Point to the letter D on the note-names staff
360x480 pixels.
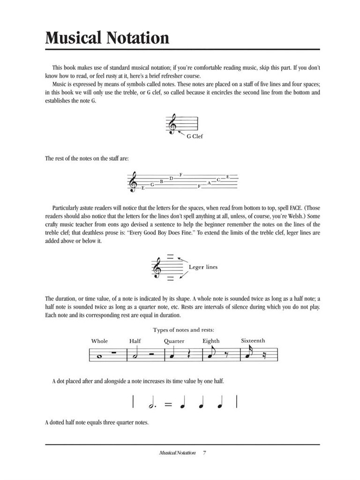tap(172, 179)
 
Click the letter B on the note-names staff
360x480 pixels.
tap(162, 181)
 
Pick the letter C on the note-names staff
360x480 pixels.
tap(218, 180)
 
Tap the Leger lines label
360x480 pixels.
tap(203, 267)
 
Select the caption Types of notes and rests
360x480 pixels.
tap(184, 330)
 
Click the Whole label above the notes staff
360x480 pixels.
tap(99, 341)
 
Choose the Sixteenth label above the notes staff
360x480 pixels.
tap(253, 341)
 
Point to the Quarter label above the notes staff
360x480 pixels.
tap(174, 341)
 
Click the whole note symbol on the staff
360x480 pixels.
tap(98, 356)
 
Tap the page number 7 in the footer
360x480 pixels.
tap(205, 453)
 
